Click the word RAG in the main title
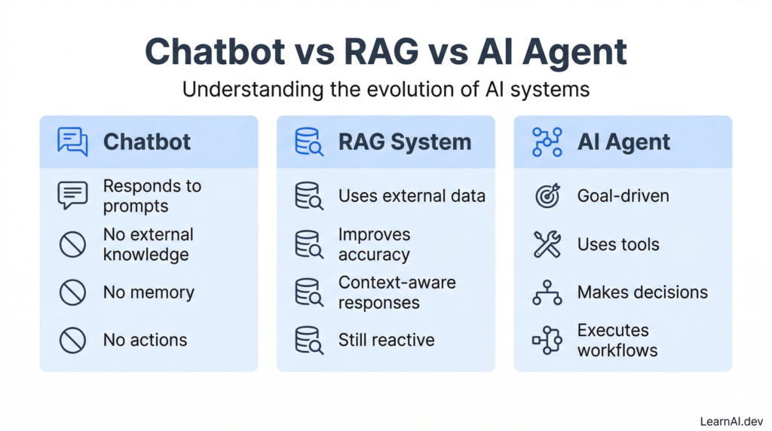(x=381, y=52)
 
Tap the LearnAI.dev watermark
(x=731, y=422)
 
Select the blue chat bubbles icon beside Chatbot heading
(x=72, y=142)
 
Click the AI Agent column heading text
(x=623, y=142)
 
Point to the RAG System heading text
(x=405, y=142)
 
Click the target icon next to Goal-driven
(x=547, y=196)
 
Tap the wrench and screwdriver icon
(x=547, y=244)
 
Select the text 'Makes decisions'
(x=642, y=292)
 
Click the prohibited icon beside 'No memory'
(x=73, y=292)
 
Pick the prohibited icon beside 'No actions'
(x=73, y=340)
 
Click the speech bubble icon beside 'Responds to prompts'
(x=72, y=195)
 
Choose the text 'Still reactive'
(x=387, y=340)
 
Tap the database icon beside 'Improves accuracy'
(x=309, y=245)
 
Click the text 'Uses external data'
(x=412, y=196)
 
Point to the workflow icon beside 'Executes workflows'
(x=547, y=340)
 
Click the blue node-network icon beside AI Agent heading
(x=547, y=142)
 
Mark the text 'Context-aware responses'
(x=397, y=292)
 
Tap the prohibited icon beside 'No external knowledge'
(x=73, y=245)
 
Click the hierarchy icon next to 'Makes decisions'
(x=547, y=292)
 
